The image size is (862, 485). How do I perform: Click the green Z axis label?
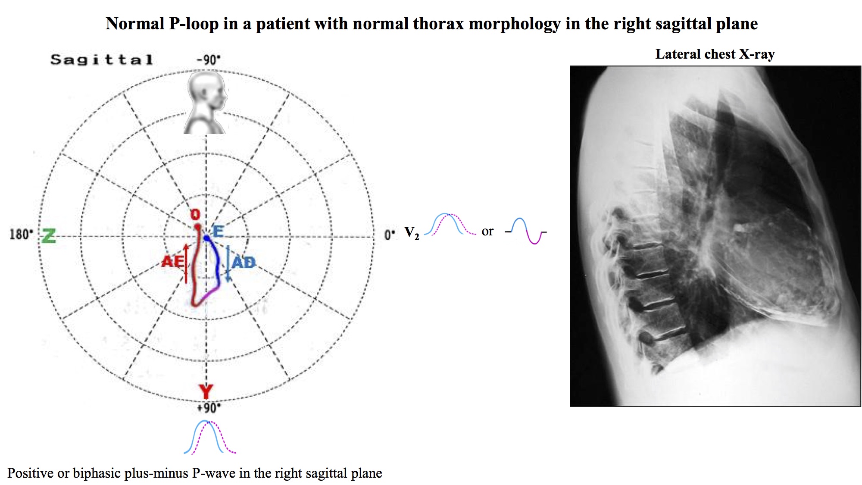click(49, 236)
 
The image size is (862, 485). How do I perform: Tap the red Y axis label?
click(206, 392)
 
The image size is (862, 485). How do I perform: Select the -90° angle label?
click(209, 59)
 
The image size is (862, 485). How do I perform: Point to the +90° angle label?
click(209, 407)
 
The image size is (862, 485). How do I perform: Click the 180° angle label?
click(21, 235)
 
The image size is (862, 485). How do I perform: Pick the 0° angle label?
click(390, 235)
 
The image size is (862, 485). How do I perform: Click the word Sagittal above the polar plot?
click(102, 59)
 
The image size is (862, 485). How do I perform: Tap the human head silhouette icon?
click(206, 102)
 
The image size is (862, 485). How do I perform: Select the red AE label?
click(172, 261)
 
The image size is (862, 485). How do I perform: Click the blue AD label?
click(244, 262)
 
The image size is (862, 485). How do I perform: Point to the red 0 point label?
click(196, 215)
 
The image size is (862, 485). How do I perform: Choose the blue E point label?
click(218, 232)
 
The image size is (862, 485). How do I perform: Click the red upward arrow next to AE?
click(186, 263)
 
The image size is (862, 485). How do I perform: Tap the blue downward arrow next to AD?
click(228, 263)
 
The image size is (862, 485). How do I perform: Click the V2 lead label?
click(412, 233)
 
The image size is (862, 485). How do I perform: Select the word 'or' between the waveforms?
click(487, 232)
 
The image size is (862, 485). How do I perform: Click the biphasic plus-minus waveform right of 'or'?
click(526, 231)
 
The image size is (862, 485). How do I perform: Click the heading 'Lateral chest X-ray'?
click(715, 54)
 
